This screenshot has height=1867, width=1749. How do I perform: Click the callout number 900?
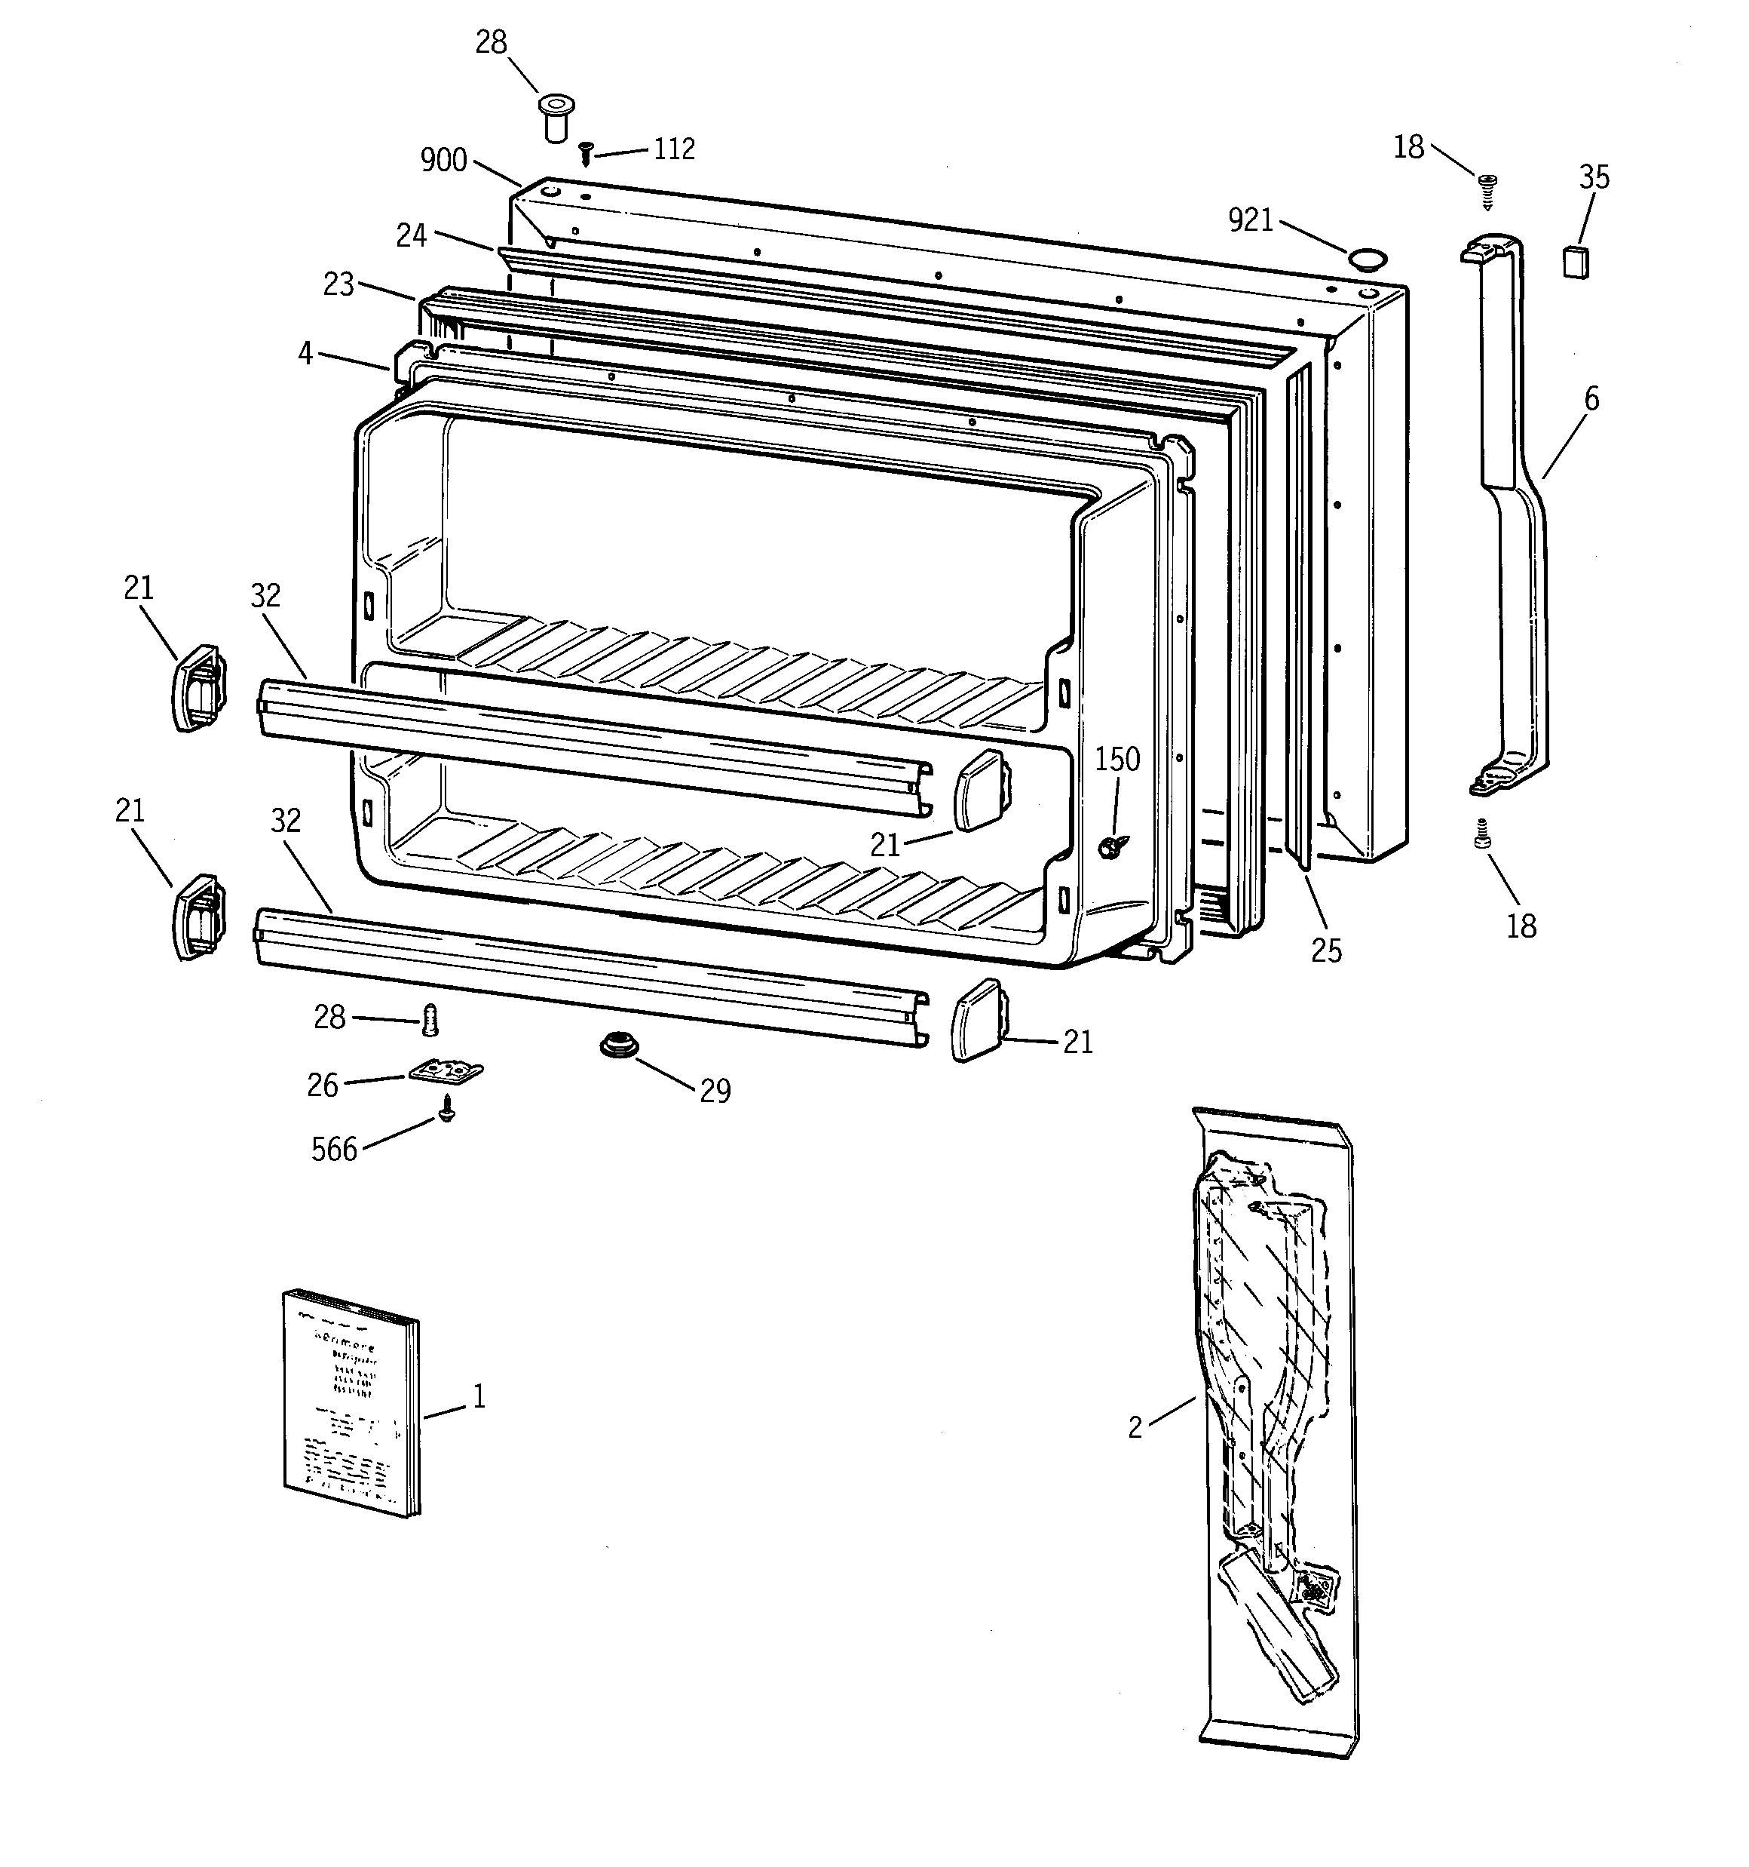tap(443, 161)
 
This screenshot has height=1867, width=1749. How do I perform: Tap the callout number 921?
tap(1251, 221)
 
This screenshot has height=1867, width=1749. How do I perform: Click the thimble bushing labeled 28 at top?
tap(555, 116)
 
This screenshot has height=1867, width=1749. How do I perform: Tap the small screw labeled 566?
tap(447, 1114)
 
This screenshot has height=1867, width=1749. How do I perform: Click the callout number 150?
tap(1116, 759)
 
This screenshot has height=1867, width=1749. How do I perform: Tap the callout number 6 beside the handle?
tap(1591, 399)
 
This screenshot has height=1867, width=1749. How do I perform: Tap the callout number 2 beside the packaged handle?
tap(1135, 1427)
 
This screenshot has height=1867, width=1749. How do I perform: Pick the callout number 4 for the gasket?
tap(305, 354)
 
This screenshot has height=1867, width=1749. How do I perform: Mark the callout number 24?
tap(411, 235)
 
